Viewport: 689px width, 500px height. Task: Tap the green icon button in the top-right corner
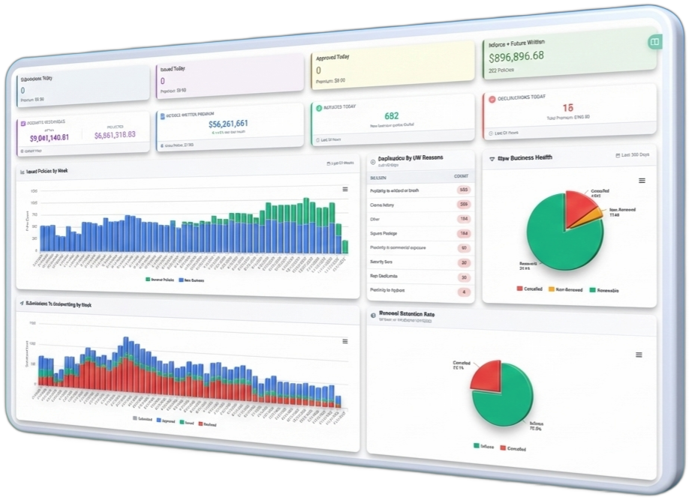[655, 42]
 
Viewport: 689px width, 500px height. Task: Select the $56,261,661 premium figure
[228, 124]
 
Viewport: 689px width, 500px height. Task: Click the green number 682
[391, 116]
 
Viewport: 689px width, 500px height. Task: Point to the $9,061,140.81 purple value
[50, 138]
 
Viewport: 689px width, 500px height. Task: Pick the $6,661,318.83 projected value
[115, 135]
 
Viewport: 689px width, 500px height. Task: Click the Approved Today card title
[332, 57]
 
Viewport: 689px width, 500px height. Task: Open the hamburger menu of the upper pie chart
[642, 181]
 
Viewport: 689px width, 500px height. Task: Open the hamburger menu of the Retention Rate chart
[639, 355]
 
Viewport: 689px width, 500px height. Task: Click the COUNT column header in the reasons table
[462, 176]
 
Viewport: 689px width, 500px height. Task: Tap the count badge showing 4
[464, 292]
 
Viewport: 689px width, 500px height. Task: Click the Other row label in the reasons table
[375, 219]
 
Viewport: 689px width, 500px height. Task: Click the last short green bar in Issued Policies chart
[345, 247]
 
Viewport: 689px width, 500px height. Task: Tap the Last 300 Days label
[635, 155]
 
